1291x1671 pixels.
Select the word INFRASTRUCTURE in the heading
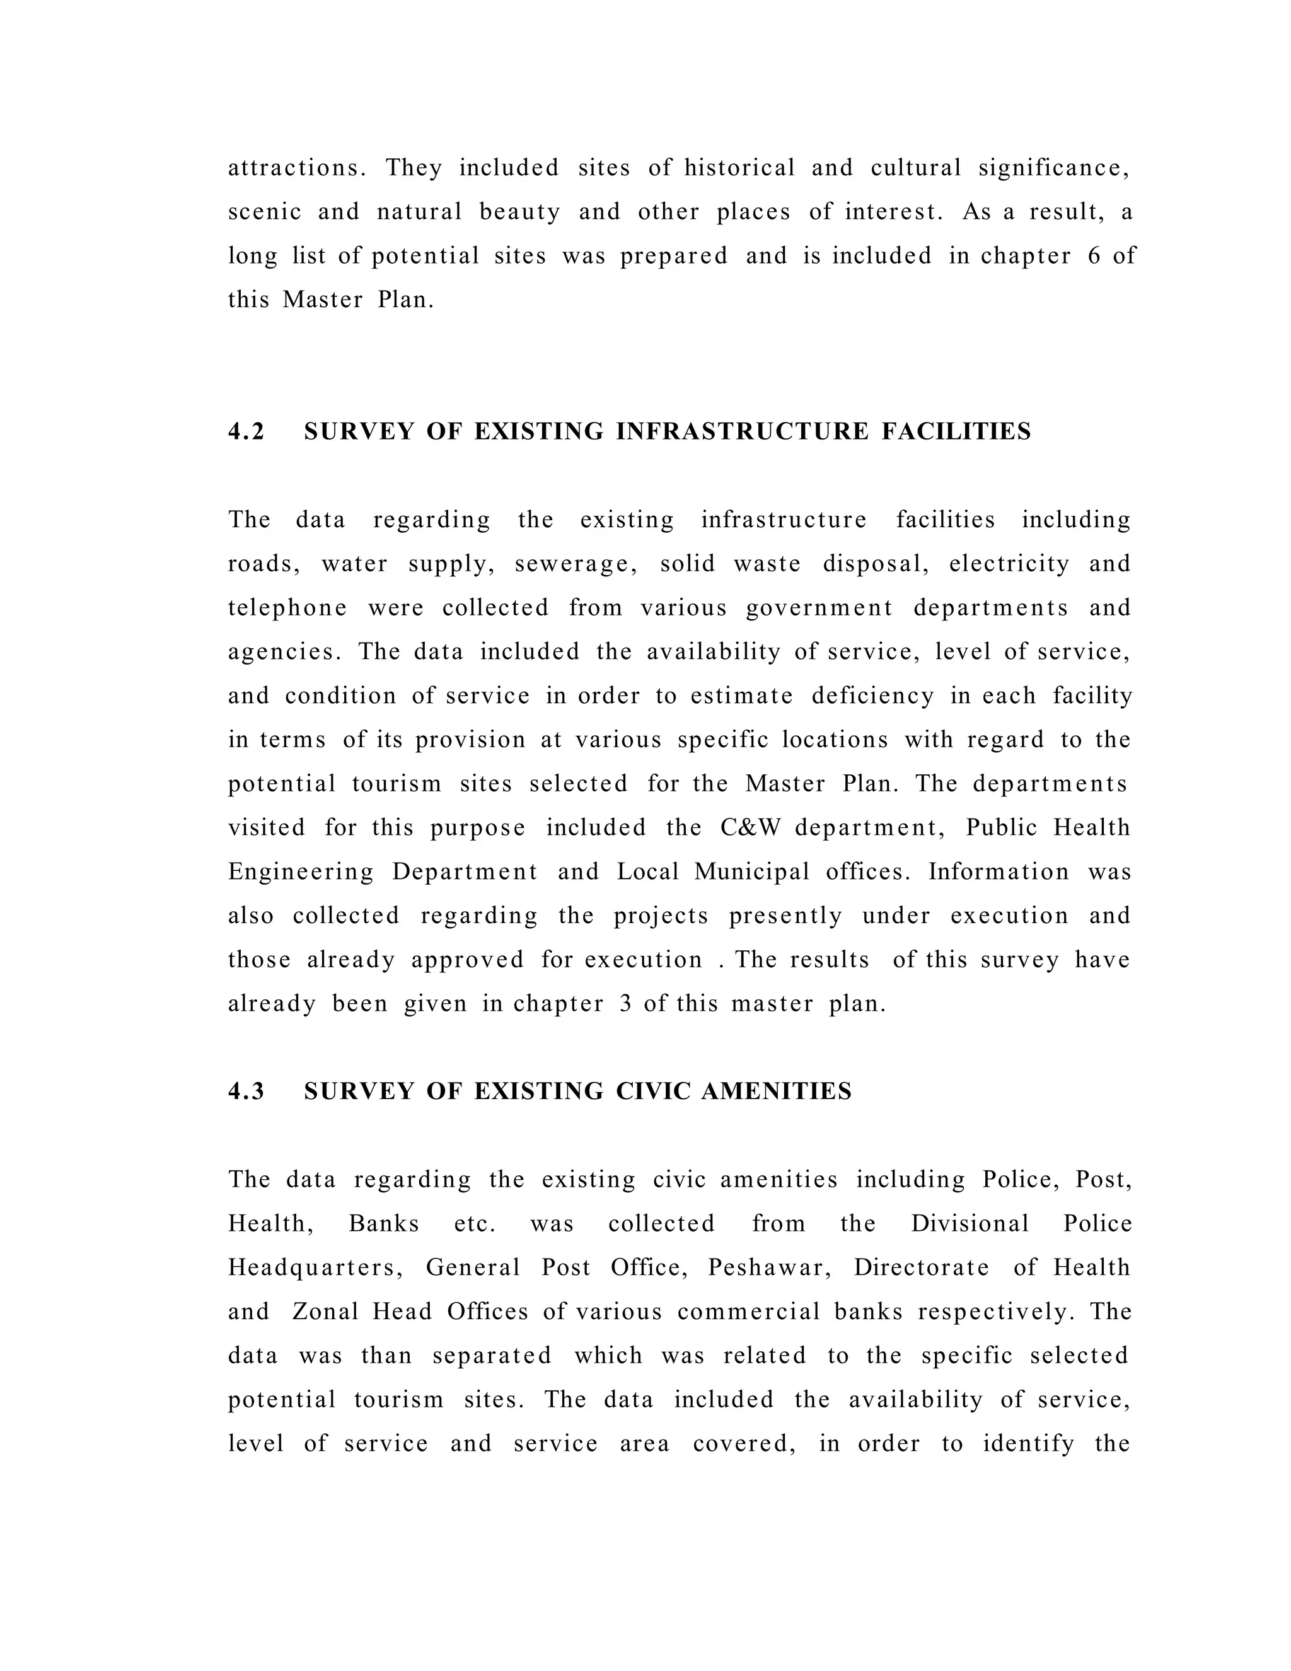coord(742,431)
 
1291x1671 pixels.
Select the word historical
coord(739,168)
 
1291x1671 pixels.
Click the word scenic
coord(265,212)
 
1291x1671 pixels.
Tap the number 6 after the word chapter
coord(1094,256)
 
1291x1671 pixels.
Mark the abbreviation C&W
coord(749,828)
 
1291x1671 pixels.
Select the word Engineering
coord(301,872)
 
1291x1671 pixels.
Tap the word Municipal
coord(752,872)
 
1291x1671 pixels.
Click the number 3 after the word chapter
coord(625,1004)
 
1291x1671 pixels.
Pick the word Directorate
coord(921,1268)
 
